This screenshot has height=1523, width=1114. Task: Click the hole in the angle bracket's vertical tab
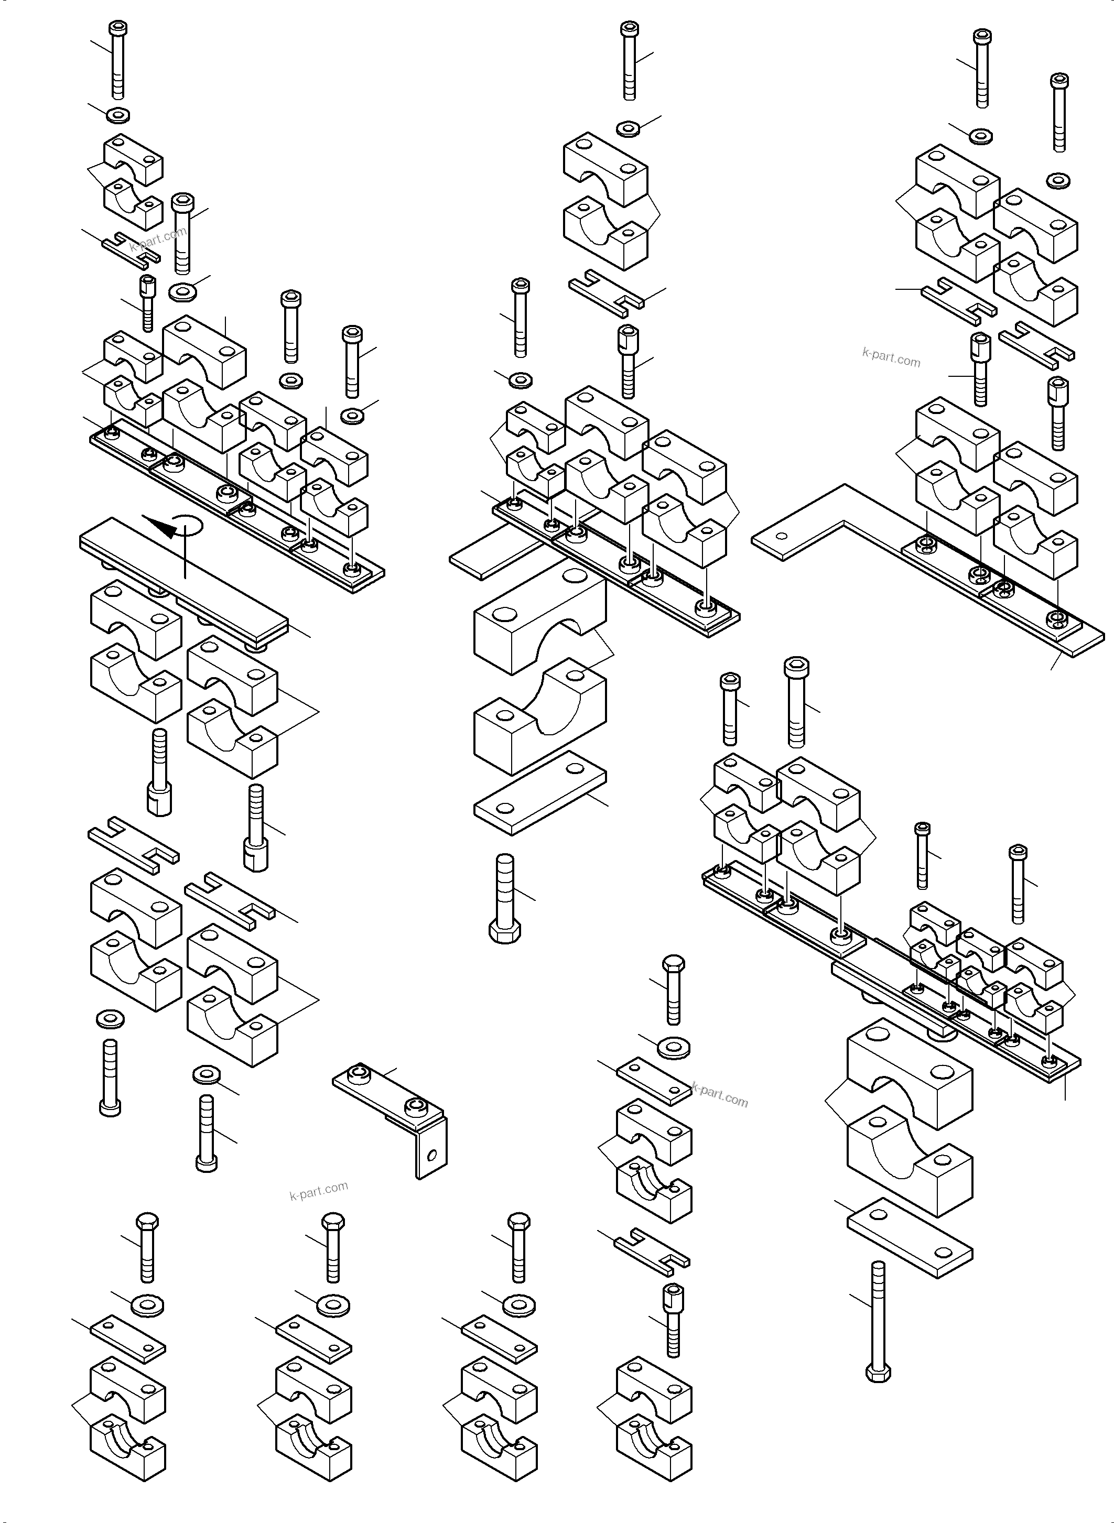pos(432,1156)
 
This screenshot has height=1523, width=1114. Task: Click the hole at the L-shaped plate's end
pos(781,537)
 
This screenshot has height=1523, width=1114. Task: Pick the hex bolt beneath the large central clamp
pos(504,899)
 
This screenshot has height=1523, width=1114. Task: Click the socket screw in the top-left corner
pos(118,59)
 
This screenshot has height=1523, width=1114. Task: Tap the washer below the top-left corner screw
pos(118,115)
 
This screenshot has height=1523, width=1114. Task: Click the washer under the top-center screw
pos(629,127)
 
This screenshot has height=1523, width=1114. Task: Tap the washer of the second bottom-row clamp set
pos(332,1304)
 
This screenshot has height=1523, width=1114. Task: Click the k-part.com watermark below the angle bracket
pos(318,1191)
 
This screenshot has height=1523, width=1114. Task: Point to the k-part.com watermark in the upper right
pos(891,357)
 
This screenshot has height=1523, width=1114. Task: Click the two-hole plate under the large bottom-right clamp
pos(909,1238)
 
